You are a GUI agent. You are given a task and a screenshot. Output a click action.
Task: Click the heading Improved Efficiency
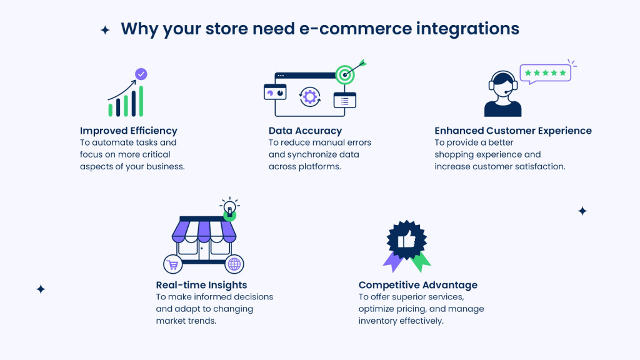click(x=129, y=131)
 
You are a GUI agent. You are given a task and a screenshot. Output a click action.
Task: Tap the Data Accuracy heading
click(x=305, y=131)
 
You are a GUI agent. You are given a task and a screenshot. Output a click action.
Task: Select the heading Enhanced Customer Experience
click(x=513, y=131)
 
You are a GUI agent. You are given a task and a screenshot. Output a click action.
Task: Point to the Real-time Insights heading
click(x=201, y=285)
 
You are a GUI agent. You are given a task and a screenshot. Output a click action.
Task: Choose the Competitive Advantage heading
click(x=417, y=285)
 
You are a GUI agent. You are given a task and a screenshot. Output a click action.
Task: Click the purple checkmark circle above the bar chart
click(x=141, y=74)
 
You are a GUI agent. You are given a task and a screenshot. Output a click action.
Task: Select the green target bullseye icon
click(x=345, y=74)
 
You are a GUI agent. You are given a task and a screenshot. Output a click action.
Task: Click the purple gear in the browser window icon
click(x=310, y=97)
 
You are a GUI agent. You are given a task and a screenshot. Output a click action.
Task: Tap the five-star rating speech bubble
click(x=545, y=73)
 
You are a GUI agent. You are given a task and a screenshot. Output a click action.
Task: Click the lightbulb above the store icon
click(x=229, y=207)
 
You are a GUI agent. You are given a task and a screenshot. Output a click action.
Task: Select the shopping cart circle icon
click(x=173, y=264)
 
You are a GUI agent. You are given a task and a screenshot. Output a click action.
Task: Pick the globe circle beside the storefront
click(x=234, y=264)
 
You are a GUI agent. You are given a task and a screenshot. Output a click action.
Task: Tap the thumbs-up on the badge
click(x=406, y=239)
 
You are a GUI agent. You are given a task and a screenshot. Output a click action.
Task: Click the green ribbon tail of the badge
click(x=421, y=261)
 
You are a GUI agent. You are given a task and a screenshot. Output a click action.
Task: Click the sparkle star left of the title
click(x=105, y=29)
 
